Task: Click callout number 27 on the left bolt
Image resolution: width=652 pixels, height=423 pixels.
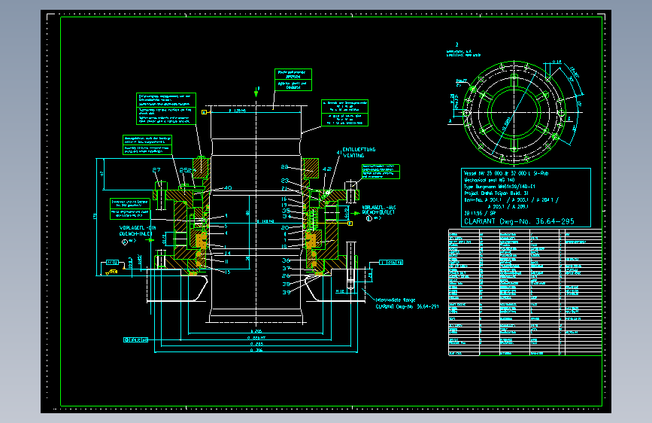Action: [x=157, y=170]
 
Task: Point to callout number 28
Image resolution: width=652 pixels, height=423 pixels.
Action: [x=285, y=166]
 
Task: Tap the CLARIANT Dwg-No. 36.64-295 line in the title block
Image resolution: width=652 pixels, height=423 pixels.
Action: [x=520, y=221]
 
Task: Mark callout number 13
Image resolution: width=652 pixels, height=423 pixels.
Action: [x=226, y=272]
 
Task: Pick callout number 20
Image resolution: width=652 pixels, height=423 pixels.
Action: [x=285, y=227]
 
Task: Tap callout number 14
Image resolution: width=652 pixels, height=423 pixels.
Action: [x=226, y=254]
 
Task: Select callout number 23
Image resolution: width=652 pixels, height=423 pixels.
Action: [x=285, y=181]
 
